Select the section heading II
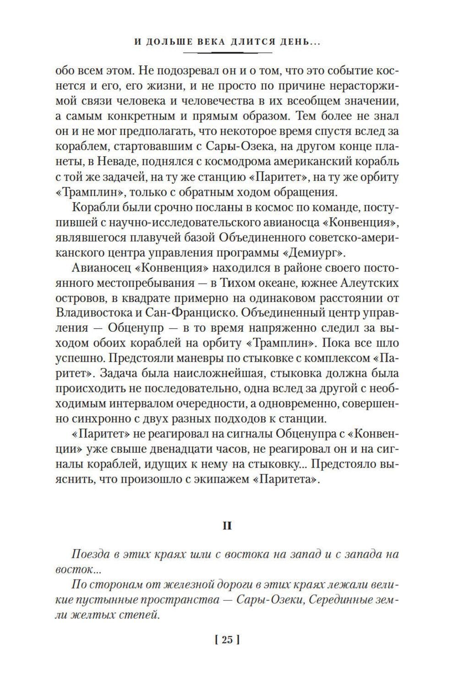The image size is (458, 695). [227, 526]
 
